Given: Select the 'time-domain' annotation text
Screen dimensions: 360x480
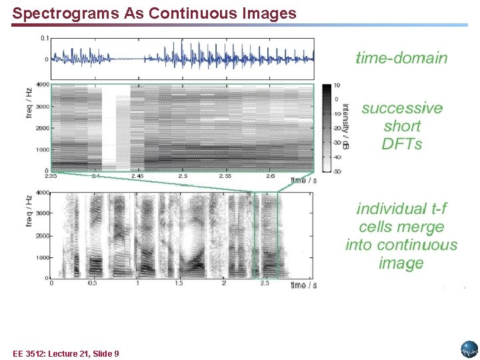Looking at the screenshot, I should click(x=401, y=58).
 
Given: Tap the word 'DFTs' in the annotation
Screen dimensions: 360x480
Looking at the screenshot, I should click(x=402, y=144).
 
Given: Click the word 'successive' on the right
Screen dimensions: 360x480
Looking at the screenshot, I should click(x=402, y=108).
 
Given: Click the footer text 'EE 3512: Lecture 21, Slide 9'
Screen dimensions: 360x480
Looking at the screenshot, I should click(x=65, y=353).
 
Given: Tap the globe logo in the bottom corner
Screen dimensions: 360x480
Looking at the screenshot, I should click(x=469, y=349).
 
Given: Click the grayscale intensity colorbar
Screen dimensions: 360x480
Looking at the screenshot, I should click(x=326, y=128).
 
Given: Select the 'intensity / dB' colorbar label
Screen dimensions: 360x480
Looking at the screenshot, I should click(x=345, y=126).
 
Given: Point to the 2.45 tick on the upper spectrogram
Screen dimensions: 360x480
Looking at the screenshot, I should click(x=137, y=177).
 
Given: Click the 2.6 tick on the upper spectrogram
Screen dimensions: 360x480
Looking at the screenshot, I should click(x=271, y=177).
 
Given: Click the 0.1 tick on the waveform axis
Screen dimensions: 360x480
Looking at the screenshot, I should click(x=44, y=39).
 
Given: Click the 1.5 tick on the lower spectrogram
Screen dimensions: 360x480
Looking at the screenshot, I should click(x=179, y=283).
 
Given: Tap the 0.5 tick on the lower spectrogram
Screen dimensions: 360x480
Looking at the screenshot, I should click(x=93, y=283).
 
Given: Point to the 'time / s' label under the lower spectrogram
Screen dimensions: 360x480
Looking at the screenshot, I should click(x=303, y=285).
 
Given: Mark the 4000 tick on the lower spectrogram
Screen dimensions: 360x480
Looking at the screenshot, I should click(x=42, y=193).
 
